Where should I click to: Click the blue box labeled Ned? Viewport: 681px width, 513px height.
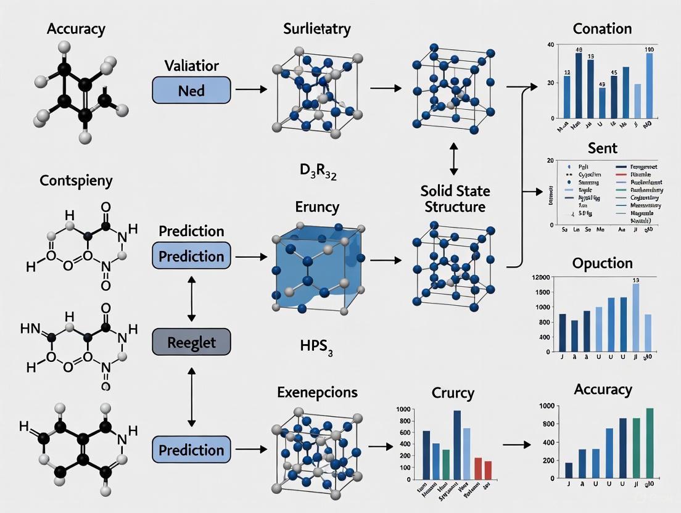pos(191,90)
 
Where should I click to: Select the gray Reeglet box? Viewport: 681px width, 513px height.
pos(191,342)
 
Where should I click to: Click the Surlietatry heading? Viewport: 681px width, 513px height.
pos(317,28)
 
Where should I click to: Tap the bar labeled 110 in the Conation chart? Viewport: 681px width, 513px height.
pos(649,85)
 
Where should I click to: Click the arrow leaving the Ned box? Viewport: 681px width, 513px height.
pos(251,90)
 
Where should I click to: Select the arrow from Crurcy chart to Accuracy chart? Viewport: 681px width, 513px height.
pos(517,444)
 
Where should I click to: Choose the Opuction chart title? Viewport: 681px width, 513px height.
pos(602,263)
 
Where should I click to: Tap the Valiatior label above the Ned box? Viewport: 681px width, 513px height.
pos(191,65)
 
